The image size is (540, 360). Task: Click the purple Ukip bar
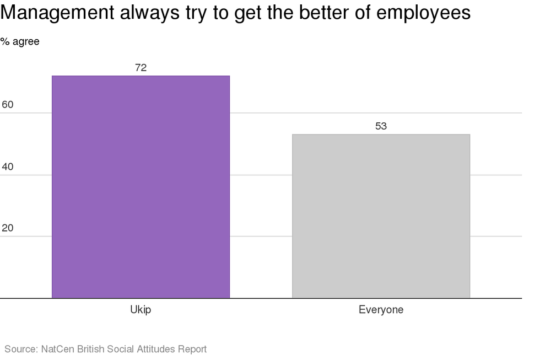[x=141, y=187]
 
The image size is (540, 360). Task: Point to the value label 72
[x=141, y=68]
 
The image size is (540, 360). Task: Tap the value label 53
[x=381, y=126]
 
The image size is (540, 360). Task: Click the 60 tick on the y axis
[x=8, y=105]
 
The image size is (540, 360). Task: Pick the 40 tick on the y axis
[x=8, y=166]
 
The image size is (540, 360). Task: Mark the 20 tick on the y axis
[x=8, y=228]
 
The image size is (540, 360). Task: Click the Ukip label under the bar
[x=141, y=310]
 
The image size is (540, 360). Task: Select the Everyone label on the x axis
[x=381, y=310]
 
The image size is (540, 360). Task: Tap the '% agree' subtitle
[x=20, y=42]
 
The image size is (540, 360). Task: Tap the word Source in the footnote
[x=20, y=349]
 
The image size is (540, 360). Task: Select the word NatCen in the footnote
[x=58, y=349]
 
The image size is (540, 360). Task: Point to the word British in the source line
[x=91, y=349]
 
